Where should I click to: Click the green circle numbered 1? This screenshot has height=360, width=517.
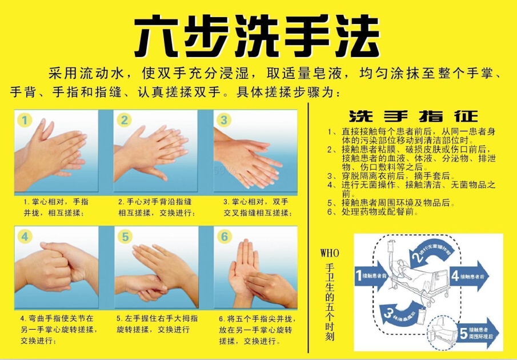(x=25, y=120)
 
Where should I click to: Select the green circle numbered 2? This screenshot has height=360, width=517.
(x=124, y=120)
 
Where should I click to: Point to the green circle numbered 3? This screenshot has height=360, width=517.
(x=224, y=120)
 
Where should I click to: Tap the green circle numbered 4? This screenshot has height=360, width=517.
(x=25, y=237)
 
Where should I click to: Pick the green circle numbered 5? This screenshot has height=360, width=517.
(x=124, y=237)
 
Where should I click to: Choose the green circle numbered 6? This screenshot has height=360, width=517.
(x=224, y=237)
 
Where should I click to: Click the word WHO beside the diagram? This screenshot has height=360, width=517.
(x=329, y=252)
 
